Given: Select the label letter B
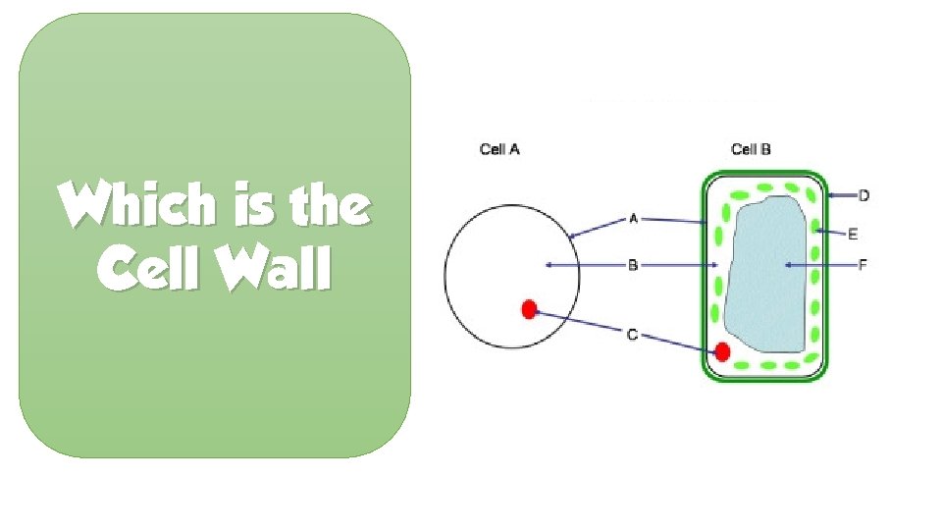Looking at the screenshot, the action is point(633,265).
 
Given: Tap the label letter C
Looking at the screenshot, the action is point(633,335).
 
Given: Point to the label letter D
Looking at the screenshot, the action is point(863,196).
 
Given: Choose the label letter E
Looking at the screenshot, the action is point(853,234).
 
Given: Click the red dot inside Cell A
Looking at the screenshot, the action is point(529,310).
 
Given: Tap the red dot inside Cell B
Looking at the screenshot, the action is point(723,351).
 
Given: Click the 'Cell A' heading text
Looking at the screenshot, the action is point(499,150).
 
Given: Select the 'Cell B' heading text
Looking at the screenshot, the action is point(751,150).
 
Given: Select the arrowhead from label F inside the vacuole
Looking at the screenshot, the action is point(788,265).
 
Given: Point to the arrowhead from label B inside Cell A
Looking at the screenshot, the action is point(549,265).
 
